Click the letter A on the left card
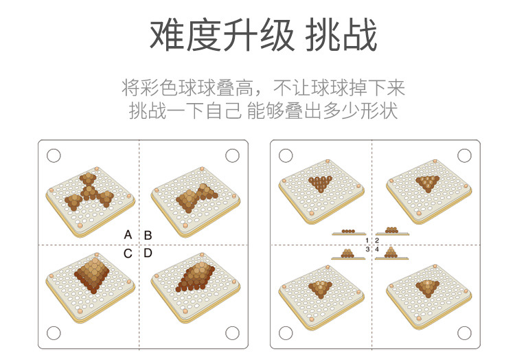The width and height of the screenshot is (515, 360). pos(128,235)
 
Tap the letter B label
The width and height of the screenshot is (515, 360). pos(148,235)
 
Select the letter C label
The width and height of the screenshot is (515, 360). pos(128,254)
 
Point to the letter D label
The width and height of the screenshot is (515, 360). pos(148,254)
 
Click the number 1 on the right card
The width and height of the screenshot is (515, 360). pos(367,240)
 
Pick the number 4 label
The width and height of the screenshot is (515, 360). pos(377,249)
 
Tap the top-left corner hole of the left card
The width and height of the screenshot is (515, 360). pos(54,155)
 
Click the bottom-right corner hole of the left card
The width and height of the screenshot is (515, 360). pos(232,333)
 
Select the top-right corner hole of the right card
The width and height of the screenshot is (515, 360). pos(465,155)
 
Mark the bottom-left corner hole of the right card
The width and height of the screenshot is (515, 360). pos(286,333)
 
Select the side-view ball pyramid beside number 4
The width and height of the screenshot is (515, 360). pos(391,252)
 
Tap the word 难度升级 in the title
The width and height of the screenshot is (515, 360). pos(213,36)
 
